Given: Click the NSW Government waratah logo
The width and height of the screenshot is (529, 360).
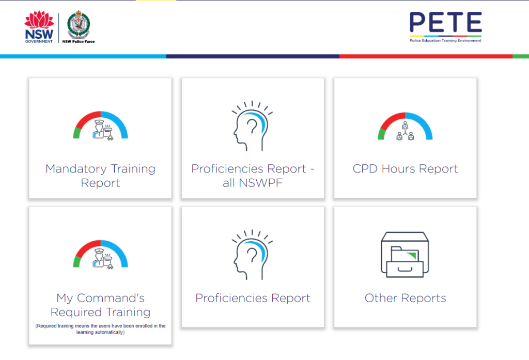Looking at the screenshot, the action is (39, 27).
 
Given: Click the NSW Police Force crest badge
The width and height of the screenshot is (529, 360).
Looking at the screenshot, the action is (79, 24).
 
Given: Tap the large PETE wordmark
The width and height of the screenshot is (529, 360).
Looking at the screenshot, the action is (446, 22).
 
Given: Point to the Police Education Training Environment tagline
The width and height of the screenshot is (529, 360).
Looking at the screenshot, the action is (445, 40).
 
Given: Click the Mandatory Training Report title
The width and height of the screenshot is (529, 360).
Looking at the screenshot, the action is (101, 176).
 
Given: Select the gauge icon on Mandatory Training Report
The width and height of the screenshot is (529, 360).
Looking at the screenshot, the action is (101, 126).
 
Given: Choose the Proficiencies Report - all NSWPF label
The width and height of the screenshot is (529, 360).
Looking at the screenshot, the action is (253, 176).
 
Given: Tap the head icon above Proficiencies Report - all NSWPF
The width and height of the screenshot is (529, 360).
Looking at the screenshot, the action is (252, 126).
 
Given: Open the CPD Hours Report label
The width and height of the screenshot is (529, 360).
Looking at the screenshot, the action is (405, 169).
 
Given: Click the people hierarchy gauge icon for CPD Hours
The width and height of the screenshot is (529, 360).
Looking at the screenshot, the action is (405, 126).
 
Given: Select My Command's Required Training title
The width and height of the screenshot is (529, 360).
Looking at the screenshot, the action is (101, 305).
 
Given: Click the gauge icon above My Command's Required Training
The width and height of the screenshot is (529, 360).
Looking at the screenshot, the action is (101, 255).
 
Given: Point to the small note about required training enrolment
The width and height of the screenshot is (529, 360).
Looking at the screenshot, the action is (101, 329).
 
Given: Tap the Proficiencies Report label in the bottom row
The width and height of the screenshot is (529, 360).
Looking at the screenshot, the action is (253, 298).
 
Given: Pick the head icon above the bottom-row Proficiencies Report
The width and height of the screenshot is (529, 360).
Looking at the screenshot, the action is (252, 255).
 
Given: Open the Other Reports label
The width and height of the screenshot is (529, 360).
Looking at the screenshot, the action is (405, 298).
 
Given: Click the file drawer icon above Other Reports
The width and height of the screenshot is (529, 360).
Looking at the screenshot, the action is (405, 255).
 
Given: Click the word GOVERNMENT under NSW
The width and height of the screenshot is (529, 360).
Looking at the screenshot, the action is (39, 41).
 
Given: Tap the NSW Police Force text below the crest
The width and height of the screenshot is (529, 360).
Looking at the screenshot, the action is (79, 41).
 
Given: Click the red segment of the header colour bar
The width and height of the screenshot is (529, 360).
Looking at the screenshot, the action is (426, 56).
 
